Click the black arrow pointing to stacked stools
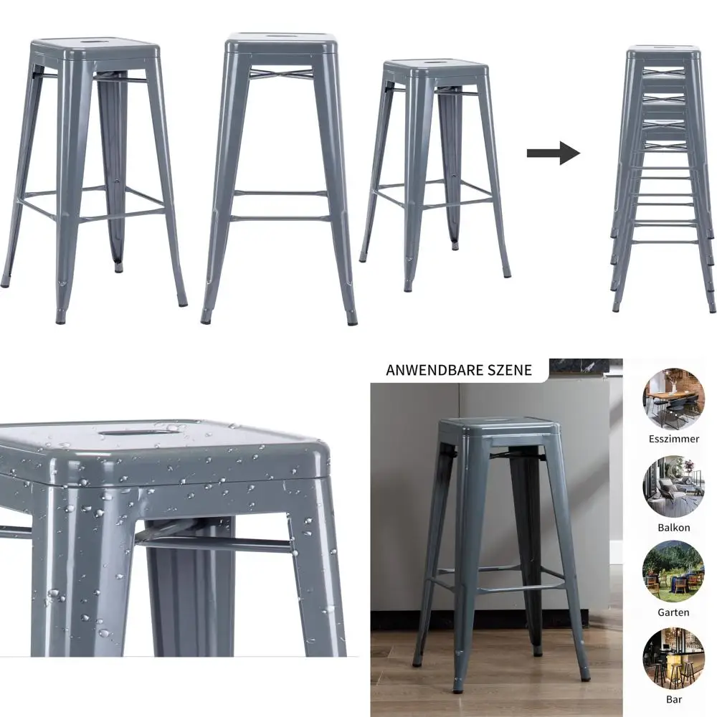pos(554,153)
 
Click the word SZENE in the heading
pos(509,370)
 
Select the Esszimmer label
pos(673,439)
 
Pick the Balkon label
pos(673,528)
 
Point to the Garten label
pos(673,612)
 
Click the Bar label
pos(673,699)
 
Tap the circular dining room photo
pos(673,399)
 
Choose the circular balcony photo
pos(673,486)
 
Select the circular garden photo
pos(673,571)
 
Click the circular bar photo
pos(673,658)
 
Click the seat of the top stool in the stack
pos(664,52)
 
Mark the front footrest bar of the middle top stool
pos(280,218)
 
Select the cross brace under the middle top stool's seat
pos(282,72)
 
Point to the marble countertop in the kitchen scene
pos(585,367)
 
